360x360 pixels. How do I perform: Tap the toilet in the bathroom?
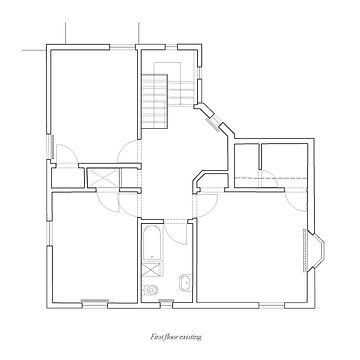tap(150, 290)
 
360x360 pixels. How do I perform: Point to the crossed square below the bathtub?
tap(153, 270)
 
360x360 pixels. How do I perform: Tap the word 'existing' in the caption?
tap(191, 337)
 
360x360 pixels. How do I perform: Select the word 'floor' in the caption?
tap(172, 337)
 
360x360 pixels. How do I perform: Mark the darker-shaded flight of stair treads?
tap(154, 101)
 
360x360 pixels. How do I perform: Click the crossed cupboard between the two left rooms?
tap(103, 178)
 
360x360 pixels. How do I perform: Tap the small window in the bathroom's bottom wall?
tap(165, 302)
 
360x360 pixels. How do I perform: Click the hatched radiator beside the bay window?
tap(304, 249)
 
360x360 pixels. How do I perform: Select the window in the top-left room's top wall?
tap(123, 47)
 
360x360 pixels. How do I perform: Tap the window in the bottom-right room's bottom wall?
tap(272, 305)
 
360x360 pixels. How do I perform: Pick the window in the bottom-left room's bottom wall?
tap(95, 303)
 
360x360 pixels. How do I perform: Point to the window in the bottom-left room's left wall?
tap(49, 233)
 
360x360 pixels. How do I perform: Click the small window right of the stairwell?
tap(199, 73)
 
